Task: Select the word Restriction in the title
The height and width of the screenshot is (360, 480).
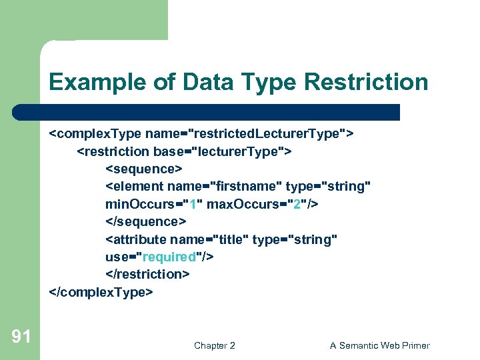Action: point(365,83)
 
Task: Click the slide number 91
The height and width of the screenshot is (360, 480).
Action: point(21,337)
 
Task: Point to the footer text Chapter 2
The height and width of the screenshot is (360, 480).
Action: point(214,345)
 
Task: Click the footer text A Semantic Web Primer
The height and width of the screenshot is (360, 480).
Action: point(379,345)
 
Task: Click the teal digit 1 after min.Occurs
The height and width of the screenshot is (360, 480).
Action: point(191,204)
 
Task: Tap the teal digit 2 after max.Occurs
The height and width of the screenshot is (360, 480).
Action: point(297,204)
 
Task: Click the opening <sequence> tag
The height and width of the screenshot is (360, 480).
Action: point(143,169)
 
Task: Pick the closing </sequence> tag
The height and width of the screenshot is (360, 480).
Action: point(146,221)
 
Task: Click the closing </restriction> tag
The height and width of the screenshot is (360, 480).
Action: point(148,274)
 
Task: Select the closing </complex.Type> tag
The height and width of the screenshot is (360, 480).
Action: point(101,292)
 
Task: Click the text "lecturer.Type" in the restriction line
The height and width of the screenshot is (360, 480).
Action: point(238,151)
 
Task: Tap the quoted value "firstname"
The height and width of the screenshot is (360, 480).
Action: point(245,187)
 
